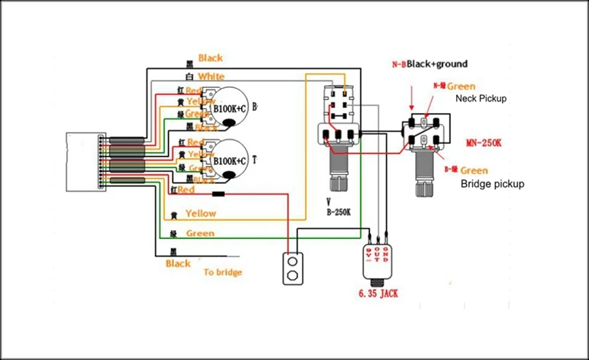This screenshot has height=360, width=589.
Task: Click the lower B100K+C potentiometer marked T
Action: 229,159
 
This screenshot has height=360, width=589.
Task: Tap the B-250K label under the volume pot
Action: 339,212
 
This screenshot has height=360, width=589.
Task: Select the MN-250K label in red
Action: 483,142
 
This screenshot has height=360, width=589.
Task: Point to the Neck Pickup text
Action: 481,98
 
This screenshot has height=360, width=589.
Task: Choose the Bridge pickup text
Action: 493,184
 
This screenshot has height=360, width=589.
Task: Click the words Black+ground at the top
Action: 436,64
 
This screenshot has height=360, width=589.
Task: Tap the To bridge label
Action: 222,272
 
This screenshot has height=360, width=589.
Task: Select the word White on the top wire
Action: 211,77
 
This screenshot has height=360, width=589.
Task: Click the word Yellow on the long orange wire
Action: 200,214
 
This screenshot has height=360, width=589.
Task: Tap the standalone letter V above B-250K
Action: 330,200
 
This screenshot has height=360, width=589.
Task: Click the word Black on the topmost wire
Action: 210,58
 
